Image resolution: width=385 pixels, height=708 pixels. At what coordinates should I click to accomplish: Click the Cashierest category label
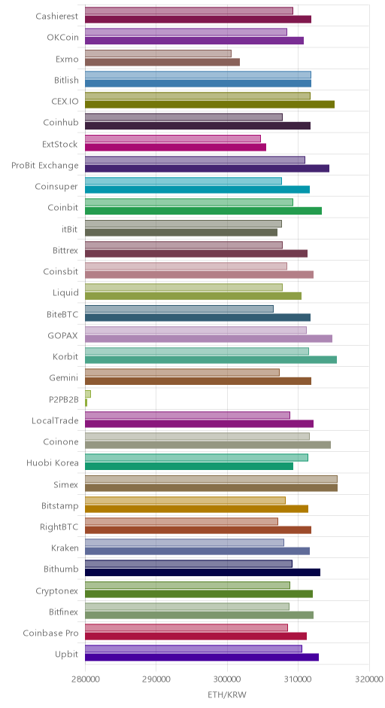pos(57,17)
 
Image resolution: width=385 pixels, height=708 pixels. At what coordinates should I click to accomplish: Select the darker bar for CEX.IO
pos(210,104)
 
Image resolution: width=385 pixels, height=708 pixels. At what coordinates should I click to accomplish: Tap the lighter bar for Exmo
pos(158,53)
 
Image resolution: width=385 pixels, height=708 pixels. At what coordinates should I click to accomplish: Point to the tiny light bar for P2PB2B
pos(88,394)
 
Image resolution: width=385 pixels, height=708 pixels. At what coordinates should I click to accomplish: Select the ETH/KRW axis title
pos(227,694)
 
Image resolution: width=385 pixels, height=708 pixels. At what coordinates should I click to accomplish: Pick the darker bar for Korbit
pos(211,359)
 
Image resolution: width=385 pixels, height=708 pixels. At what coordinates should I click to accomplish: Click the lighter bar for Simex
pos(211,478)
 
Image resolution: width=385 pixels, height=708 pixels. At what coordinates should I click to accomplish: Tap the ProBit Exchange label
pos(45,166)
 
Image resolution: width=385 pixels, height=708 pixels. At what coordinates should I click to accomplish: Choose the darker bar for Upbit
pos(202,657)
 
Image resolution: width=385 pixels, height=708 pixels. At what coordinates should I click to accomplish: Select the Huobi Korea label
pos(53,462)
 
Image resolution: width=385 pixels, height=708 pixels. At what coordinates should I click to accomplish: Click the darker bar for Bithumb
pos(203,572)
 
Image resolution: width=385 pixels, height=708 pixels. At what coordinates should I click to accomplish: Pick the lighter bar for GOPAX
pos(196,330)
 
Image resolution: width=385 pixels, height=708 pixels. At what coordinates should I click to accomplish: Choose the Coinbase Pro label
pos(50,633)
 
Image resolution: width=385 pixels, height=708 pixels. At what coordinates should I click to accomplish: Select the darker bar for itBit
pos(181,232)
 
